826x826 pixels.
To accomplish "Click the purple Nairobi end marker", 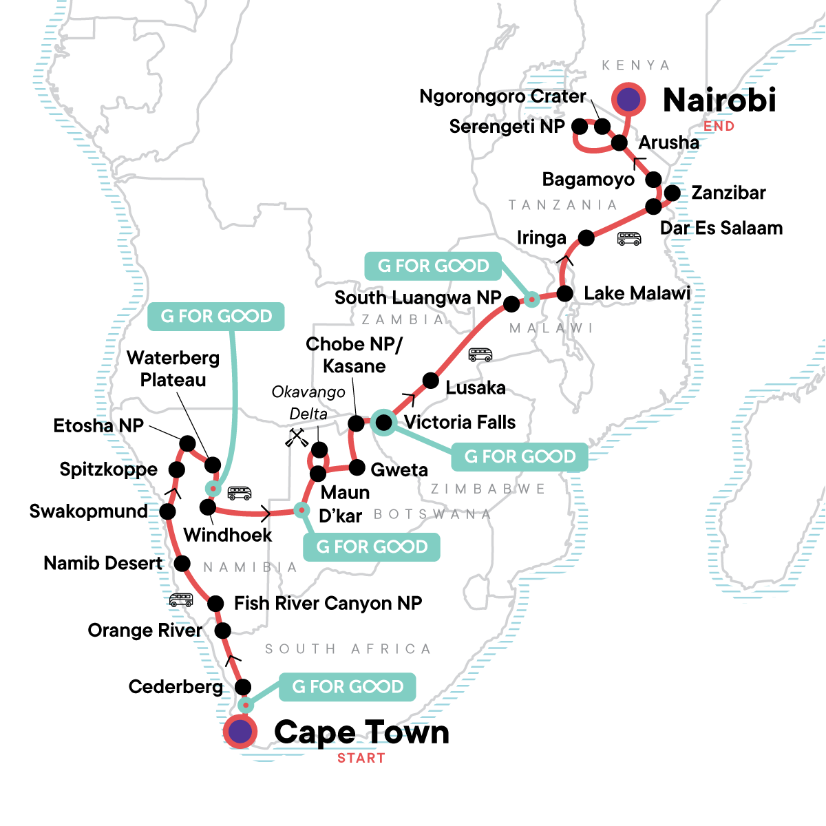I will (x=628, y=100).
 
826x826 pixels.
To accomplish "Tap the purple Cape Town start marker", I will (x=240, y=732).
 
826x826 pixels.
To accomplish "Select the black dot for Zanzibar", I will (x=673, y=193).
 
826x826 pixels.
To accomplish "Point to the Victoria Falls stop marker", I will (x=383, y=422).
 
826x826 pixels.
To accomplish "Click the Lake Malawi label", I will (x=637, y=293).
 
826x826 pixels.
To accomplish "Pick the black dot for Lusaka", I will (x=430, y=380).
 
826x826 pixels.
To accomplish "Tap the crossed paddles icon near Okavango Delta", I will (x=297, y=438).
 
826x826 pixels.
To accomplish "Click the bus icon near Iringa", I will (x=629, y=239).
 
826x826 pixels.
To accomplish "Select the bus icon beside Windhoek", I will (x=240, y=493).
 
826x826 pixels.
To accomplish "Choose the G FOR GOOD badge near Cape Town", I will (x=348, y=687).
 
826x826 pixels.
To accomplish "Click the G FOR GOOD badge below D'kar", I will (x=372, y=547).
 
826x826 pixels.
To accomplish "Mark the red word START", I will (x=361, y=758).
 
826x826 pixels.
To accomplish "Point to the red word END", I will (x=719, y=126).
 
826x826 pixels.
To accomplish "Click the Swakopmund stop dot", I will (x=167, y=511).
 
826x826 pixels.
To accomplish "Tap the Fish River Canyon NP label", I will (x=328, y=604).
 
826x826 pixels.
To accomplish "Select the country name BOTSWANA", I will (x=432, y=514).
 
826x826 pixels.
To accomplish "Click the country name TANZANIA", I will (x=562, y=204).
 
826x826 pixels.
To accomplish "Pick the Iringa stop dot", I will (x=586, y=238).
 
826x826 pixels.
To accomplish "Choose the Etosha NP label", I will (x=98, y=425).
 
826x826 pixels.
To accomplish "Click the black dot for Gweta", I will (x=357, y=468).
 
